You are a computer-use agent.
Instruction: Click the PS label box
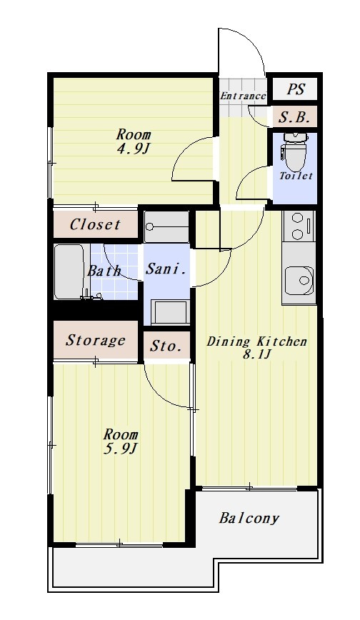pyautogui.click(x=295, y=89)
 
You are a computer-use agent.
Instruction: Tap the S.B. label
pyautogui.click(x=295, y=116)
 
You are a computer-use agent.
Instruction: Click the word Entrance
pyautogui.click(x=243, y=96)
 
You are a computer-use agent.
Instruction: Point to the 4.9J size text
pyautogui.click(x=133, y=149)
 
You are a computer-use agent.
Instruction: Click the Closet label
pyautogui.click(x=95, y=224)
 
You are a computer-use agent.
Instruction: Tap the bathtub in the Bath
pyautogui.click(x=69, y=271)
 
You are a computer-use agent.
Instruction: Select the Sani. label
pyautogui.click(x=166, y=269)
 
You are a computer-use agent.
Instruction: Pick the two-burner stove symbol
pyautogui.click(x=299, y=226)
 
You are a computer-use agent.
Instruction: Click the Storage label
pyautogui.click(x=95, y=341)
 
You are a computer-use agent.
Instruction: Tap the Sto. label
pyautogui.click(x=166, y=346)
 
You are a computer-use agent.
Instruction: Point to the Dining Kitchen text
pyautogui.click(x=256, y=341)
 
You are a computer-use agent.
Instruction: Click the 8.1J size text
pyautogui.click(x=256, y=354)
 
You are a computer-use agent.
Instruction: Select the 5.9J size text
pyautogui.click(x=120, y=449)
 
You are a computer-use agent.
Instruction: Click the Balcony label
pyautogui.click(x=249, y=518)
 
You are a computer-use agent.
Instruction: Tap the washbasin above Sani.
pyautogui.click(x=166, y=226)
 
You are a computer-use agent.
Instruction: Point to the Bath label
pyautogui.click(x=104, y=271)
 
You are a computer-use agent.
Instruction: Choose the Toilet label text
pyautogui.click(x=296, y=176)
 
